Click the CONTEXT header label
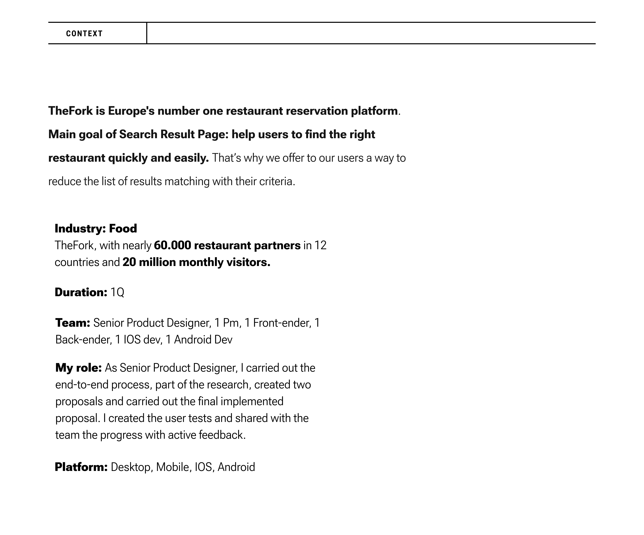point(84,33)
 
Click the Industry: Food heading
point(96,228)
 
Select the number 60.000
point(172,245)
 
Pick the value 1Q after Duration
point(117,292)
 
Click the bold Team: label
point(73,323)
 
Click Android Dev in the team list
point(203,340)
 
